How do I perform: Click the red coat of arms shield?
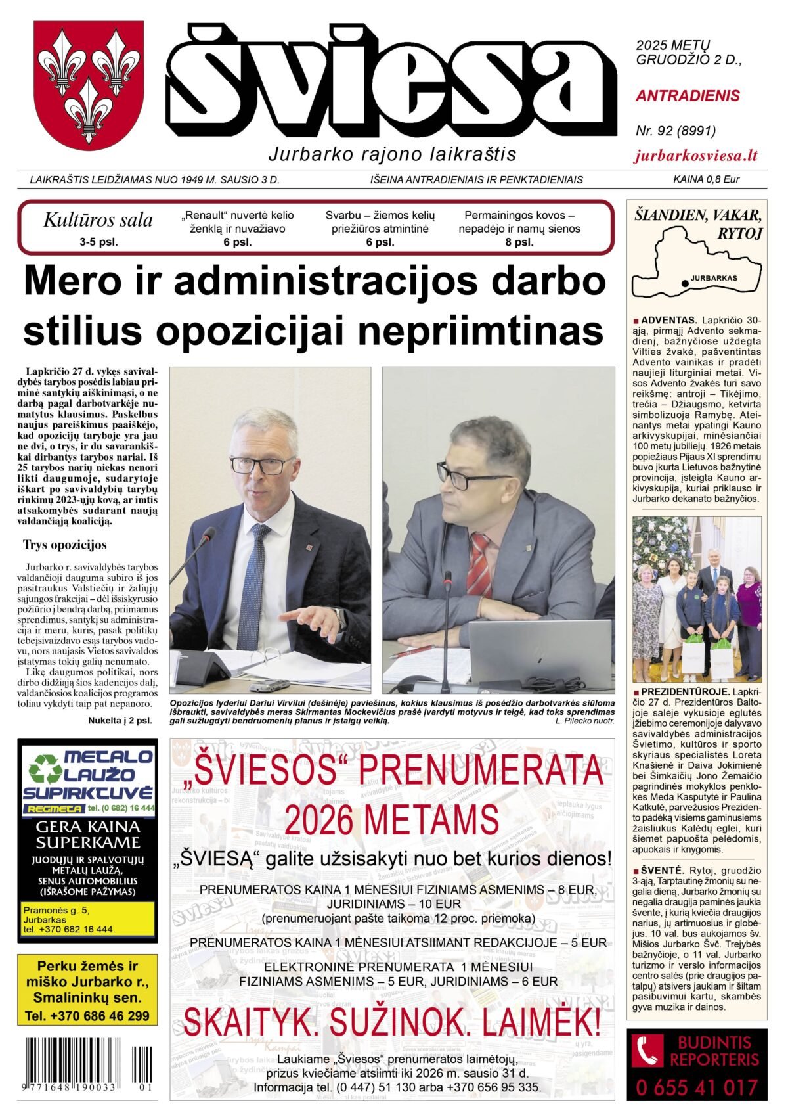tap(89, 82)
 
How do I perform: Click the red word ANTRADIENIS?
tap(688, 96)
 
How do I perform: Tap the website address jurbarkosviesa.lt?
tap(696, 156)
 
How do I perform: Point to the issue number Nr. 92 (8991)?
tap(676, 131)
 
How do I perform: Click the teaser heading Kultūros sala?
tap(98, 221)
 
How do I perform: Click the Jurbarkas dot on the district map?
tap(686, 283)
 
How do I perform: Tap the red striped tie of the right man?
tap(479, 564)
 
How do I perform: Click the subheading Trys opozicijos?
tap(64, 545)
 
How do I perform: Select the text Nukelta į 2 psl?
tap(120, 720)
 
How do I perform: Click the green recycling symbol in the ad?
tap(44, 768)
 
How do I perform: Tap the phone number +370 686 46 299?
tap(87, 1016)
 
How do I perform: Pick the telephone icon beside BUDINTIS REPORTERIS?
tap(647, 1051)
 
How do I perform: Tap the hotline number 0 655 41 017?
tap(697, 1088)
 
